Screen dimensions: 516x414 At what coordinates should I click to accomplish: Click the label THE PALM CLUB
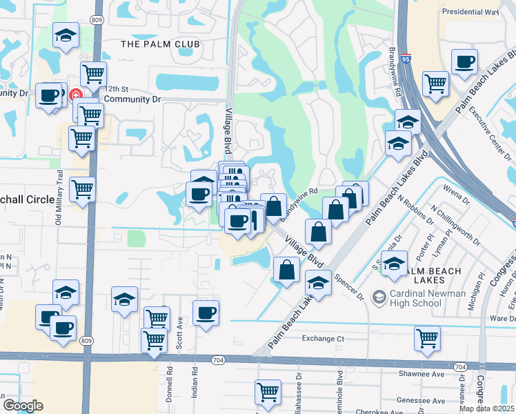point(160,44)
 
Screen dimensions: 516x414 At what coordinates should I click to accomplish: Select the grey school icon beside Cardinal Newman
point(379,297)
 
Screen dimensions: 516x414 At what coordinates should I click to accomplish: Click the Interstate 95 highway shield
point(407,60)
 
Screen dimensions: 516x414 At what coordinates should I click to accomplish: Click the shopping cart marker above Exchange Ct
point(427,338)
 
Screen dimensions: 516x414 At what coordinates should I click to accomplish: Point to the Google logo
point(23,406)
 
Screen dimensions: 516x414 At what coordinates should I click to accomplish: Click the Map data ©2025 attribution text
point(487,408)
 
